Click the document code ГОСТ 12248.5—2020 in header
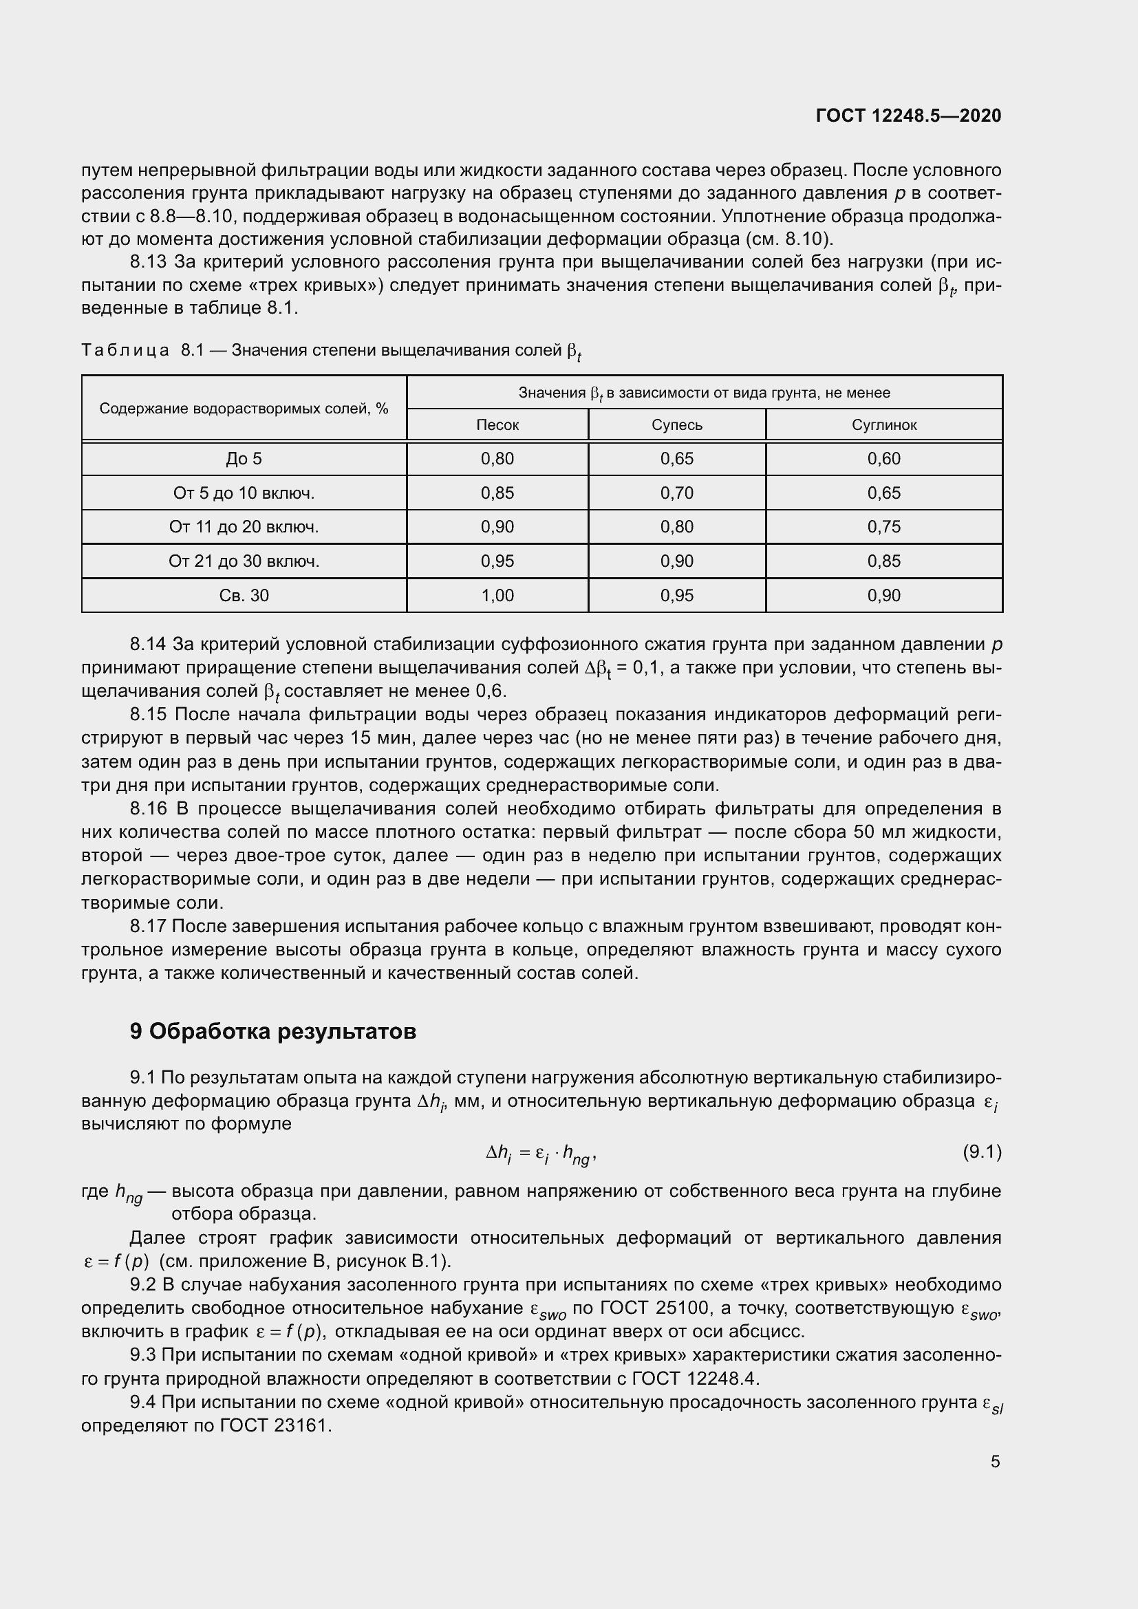(908, 116)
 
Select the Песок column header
(497, 424)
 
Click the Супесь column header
(677, 424)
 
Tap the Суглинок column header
(883, 424)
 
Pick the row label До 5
(244, 459)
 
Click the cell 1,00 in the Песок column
(497, 596)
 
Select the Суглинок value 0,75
(883, 527)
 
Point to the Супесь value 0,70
(677, 493)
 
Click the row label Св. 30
(244, 596)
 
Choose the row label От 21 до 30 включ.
(244, 561)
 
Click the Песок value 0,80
(497, 459)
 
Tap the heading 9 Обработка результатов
(272, 1032)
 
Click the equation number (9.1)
(982, 1152)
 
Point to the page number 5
(995, 1461)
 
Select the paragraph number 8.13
(148, 262)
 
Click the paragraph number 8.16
(148, 809)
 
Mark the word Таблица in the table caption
(125, 349)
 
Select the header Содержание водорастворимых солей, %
(244, 409)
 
